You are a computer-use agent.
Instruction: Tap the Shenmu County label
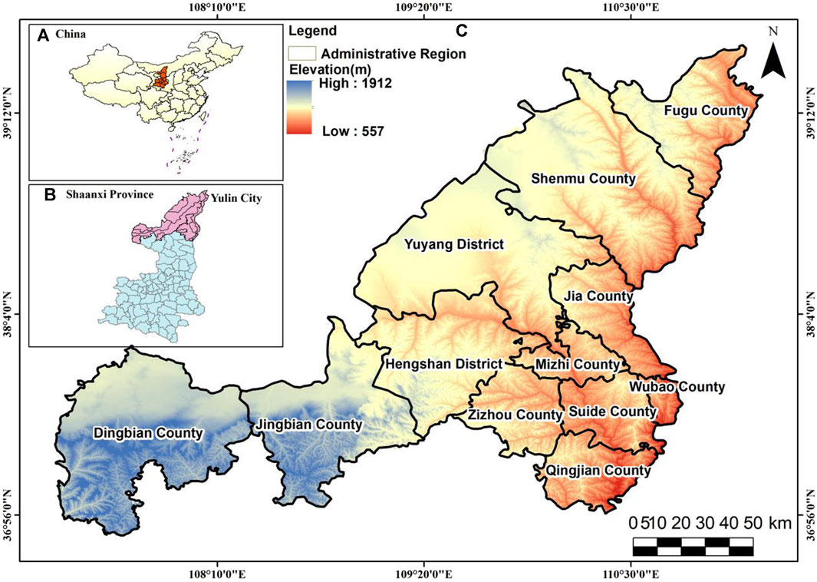584,179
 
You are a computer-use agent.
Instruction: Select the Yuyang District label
453,245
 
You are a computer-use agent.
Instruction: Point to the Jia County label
598,296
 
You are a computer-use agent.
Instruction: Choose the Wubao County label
677,386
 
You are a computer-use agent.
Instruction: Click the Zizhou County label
515,415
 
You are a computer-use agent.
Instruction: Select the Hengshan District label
443,363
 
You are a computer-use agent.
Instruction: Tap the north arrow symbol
774,54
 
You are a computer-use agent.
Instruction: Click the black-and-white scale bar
693,547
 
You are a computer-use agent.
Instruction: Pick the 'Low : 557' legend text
352,131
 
